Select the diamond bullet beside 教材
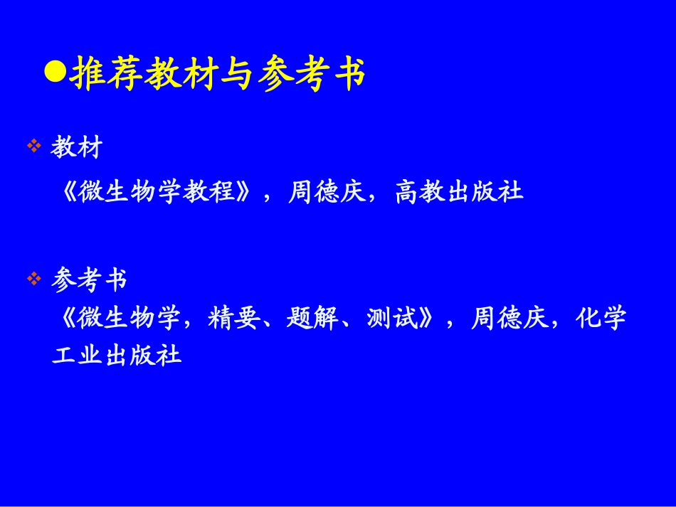pos(33,146)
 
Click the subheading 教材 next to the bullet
pos(77,148)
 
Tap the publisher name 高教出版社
pos(459,192)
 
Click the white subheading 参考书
pos(90,280)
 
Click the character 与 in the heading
pos(232,75)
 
